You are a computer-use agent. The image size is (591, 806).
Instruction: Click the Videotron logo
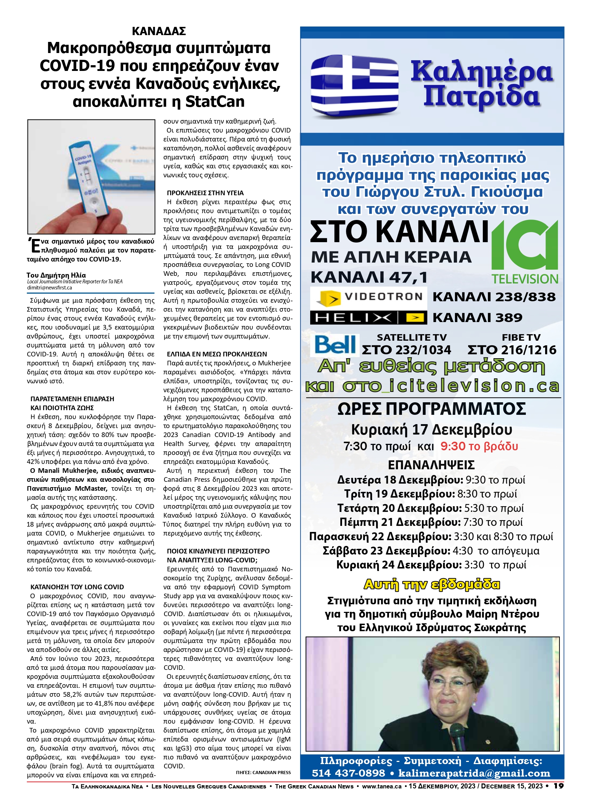pos(368,297)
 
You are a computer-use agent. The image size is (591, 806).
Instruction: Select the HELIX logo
pos(368,318)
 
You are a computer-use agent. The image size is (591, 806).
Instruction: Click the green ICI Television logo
pos(525,251)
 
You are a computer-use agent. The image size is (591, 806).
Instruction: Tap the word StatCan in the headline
pos(215,102)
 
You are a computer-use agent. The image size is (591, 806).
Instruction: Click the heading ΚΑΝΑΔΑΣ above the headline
pos(159,31)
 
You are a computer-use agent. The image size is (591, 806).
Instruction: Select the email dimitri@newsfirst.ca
pos(49,288)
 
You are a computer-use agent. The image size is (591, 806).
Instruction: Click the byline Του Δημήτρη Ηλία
pos(56,275)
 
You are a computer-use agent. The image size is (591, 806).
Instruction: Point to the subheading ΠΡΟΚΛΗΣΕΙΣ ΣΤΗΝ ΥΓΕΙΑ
pos(205,193)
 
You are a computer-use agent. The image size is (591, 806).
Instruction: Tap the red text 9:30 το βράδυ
pos(479,446)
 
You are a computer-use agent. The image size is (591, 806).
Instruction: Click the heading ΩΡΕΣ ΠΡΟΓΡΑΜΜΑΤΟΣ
pos(432,409)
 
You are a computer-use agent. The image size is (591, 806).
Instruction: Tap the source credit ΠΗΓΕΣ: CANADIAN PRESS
pos(263,772)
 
